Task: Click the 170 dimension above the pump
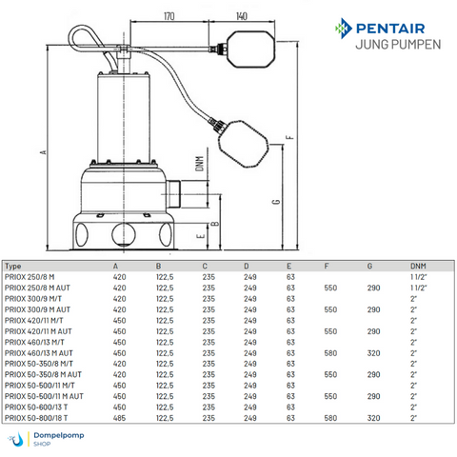(169, 17)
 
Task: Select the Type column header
(14, 267)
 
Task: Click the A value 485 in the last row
(119, 416)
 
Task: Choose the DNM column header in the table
(418, 267)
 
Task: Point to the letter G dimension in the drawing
(274, 202)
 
